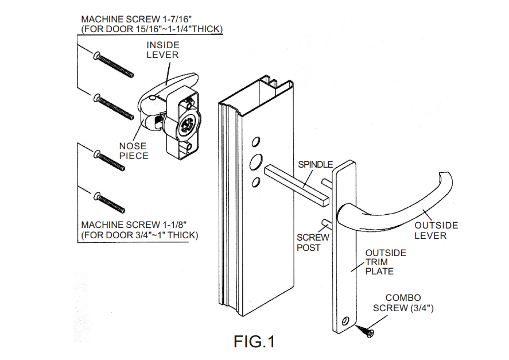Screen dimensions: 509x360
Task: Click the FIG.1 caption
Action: (x=254, y=342)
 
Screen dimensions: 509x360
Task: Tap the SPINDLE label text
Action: (x=315, y=165)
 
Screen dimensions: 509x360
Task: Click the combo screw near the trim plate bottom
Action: (x=365, y=331)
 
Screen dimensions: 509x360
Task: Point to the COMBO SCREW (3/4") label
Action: (x=403, y=303)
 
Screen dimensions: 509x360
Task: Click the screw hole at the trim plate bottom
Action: (x=345, y=321)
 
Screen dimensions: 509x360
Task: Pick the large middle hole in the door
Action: (x=256, y=162)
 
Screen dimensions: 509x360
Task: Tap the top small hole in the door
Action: (x=256, y=142)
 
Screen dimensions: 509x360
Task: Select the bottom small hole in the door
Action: (x=256, y=182)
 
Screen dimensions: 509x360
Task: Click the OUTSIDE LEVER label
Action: (x=436, y=230)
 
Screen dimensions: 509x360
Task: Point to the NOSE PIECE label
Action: (x=133, y=151)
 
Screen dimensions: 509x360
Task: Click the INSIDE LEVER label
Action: (x=162, y=50)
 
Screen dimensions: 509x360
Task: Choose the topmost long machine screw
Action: (x=113, y=64)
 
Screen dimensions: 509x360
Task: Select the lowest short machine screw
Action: (x=109, y=203)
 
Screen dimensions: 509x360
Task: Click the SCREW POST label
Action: (x=313, y=242)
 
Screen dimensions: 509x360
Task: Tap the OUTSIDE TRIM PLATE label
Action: (x=386, y=262)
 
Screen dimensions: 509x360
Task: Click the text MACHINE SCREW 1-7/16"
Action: (x=137, y=19)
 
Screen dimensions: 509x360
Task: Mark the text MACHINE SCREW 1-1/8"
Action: (x=134, y=225)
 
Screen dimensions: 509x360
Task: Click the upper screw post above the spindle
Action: (x=327, y=182)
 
